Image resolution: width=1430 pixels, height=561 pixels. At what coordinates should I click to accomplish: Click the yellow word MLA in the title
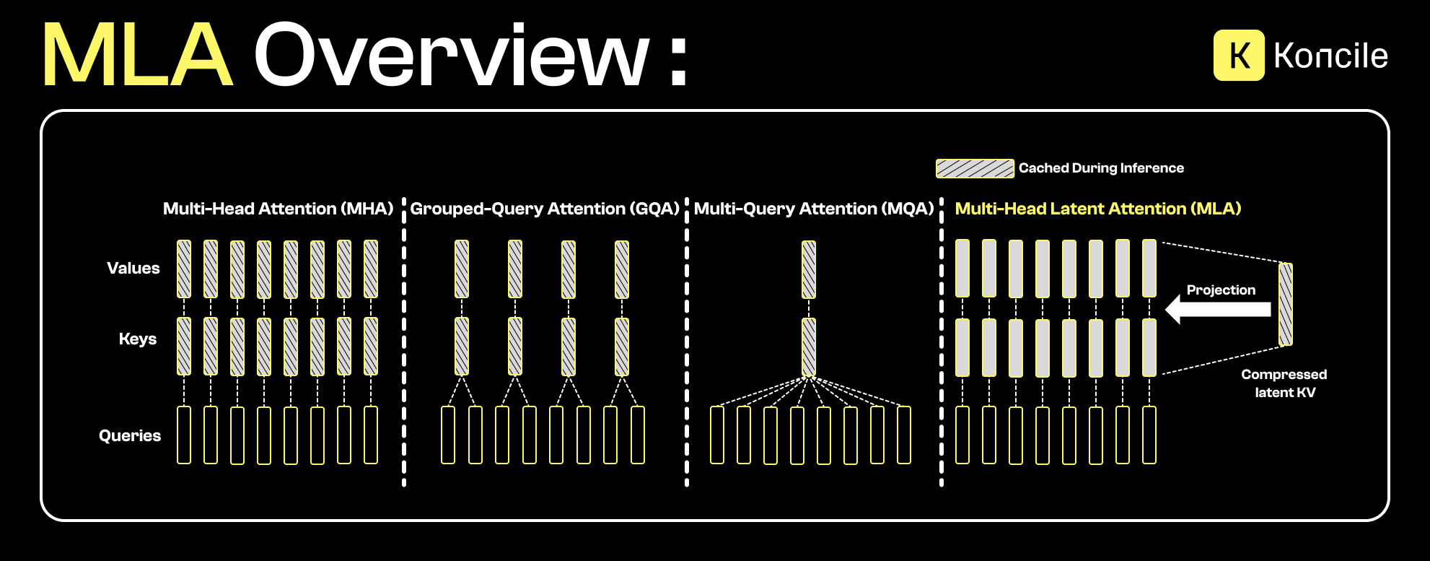click(137, 56)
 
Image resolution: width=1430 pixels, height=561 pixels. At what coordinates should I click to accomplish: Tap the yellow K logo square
click(1239, 56)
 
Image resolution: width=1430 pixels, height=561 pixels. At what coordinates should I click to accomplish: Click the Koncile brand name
click(1330, 56)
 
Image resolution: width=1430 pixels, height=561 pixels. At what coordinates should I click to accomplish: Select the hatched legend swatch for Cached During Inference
click(975, 168)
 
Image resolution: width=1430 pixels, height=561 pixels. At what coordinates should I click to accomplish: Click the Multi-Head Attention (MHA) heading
click(278, 209)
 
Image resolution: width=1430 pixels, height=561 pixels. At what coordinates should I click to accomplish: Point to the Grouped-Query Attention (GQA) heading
click(545, 209)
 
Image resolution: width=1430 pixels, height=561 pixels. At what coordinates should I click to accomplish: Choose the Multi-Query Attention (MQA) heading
click(814, 209)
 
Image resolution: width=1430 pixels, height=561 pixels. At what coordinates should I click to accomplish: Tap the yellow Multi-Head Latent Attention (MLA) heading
click(1097, 209)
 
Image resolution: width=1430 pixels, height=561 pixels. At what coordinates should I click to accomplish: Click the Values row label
click(133, 269)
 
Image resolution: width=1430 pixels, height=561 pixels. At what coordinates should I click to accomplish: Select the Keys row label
click(138, 339)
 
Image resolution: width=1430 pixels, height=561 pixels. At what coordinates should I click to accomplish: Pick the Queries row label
click(130, 435)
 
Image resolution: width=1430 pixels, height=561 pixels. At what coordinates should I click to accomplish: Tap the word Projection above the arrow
click(1221, 290)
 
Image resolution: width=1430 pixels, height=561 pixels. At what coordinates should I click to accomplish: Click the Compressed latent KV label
click(1284, 383)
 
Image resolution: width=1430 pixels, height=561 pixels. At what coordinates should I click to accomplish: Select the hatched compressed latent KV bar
click(1286, 304)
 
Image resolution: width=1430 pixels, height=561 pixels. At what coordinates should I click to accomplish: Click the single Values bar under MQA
click(809, 269)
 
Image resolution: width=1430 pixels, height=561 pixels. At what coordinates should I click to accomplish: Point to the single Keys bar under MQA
click(809, 347)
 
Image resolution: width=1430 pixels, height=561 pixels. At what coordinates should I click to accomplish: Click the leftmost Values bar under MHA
click(184, 269)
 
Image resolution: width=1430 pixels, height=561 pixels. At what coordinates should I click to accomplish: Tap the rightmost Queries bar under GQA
click(638, 435)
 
